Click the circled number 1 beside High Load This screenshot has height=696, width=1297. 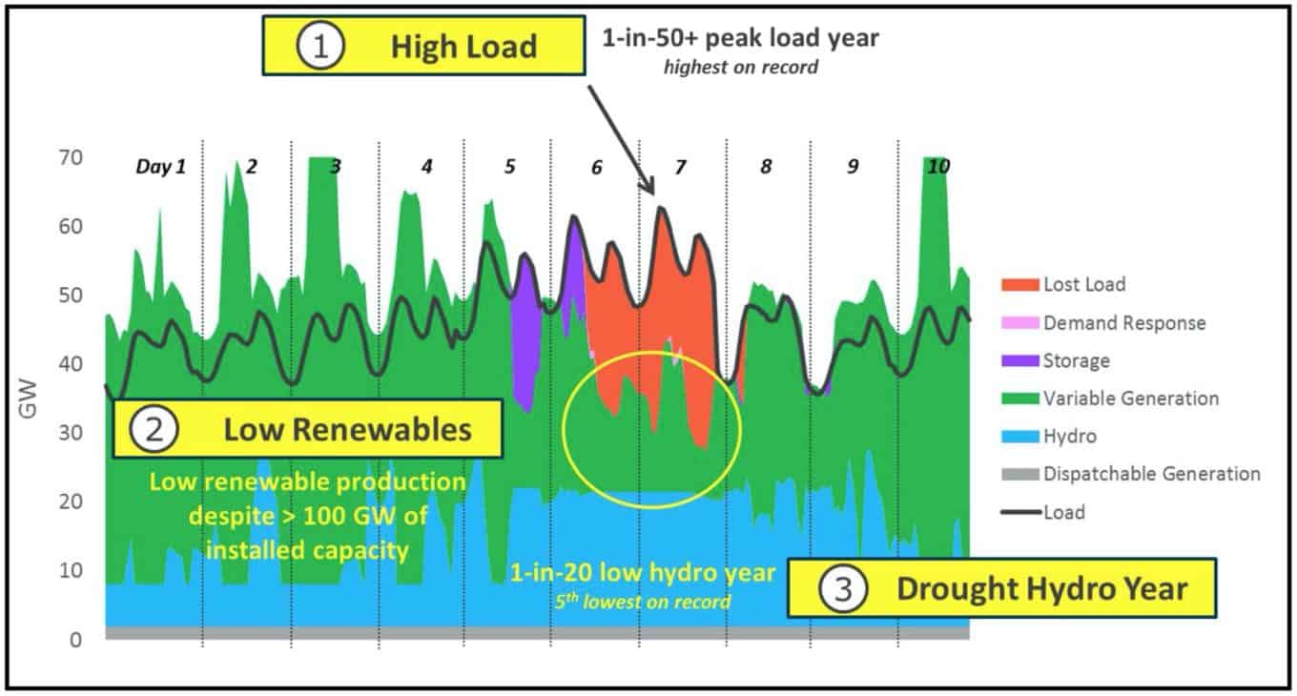click(320, 46)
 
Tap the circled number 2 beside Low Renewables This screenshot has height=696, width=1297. click(154, 429)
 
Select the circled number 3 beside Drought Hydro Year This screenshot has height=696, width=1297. click(843, 588)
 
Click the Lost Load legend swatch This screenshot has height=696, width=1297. click(1020, 285)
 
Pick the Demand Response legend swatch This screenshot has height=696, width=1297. click(1020, 323)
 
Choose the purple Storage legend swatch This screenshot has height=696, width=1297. click(1020, 360)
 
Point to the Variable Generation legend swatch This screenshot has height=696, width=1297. click(1020, 399)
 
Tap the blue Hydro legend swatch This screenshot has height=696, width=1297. click(1020, 436)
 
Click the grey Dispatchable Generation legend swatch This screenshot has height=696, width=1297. click(1020, 474)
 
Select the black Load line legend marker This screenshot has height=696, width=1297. click(1021, 512)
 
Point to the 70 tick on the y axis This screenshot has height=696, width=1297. click(71, 157)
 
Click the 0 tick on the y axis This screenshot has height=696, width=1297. click(76, 640)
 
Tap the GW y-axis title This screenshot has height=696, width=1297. click(28, 399)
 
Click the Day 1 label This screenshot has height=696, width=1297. click(161, 167)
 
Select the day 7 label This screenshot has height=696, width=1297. click(680, 168)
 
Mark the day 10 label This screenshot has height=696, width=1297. click(938, 167)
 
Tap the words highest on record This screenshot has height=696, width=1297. click(741, 67)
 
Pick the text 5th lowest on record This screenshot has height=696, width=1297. click(643, 602)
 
